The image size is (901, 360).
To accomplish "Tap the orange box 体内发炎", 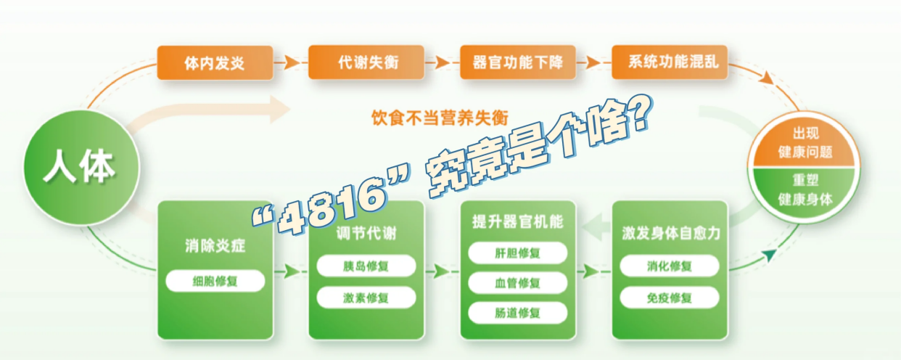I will (215, 62).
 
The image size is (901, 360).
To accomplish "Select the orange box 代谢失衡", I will (366, 62).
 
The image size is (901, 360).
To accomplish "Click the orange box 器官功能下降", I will (517, 62).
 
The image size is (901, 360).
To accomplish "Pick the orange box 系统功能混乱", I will (669, 62).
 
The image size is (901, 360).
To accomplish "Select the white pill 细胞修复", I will (215, 281).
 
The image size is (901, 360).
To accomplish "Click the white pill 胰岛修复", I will (366, 266).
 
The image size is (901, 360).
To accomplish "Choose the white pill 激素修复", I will (366, 298).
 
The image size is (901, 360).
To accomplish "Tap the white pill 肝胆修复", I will (517, 253).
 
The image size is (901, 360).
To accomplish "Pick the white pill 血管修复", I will (517, 282).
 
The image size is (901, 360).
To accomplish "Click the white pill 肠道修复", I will (517, 313).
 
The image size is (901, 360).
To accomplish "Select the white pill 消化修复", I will (669, 266).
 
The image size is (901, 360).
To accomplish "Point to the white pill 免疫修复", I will (669, 298).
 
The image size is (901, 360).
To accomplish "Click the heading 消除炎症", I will (215, 245).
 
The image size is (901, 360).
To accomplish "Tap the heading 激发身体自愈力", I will (669, 234).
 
